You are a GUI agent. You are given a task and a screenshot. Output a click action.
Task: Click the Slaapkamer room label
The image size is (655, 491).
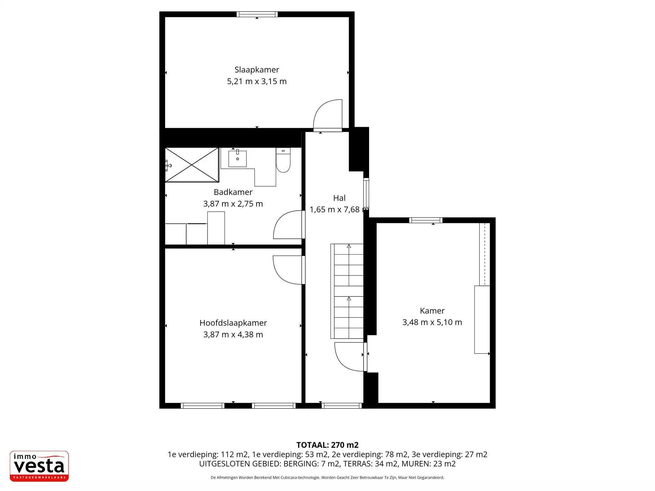pyautogui.click(x=257, y=70)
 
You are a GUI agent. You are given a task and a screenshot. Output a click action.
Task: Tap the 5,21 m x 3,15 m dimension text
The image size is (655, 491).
pyautogui.click(x=257, y=81)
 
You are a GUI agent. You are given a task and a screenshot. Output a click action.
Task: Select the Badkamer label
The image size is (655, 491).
pyautogui.click(x=233, y=192)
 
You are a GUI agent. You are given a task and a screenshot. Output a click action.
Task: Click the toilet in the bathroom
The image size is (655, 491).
pyautogui.click(x=283, y=160)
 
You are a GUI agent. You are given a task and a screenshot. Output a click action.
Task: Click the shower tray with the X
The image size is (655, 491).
pyautogui.click(x=192, y=165)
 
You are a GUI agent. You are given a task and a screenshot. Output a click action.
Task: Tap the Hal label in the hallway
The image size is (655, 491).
pyautogui.click(x=339, y=198)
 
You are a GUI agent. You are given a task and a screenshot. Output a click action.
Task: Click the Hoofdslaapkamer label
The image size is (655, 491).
pyautogui.click(x=233, y=323)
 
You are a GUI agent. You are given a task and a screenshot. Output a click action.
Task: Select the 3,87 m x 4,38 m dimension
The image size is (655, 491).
pyautogui.click(x=233, y=334)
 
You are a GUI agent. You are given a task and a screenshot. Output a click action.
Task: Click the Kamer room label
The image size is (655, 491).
pyautogui.click(x=432, y=311)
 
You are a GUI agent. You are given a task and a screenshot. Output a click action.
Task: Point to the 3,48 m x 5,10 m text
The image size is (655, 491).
pyautogui.click(x=432, y=322)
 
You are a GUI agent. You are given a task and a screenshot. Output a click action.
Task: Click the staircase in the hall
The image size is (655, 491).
pyautogui.click(x=347, y=291)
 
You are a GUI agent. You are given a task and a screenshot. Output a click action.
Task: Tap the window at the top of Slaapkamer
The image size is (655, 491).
pyautogui.click(x=257, y=14)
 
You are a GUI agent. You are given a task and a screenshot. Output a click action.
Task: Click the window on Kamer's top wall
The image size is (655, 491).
pyautogui.click(x=426, y=220)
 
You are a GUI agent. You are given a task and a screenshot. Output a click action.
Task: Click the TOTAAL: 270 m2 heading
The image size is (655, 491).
pyautogui.click(x=327, y=445)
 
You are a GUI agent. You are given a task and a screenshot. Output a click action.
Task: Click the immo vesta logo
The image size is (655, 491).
pyautogui.click(x=39, y=466)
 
